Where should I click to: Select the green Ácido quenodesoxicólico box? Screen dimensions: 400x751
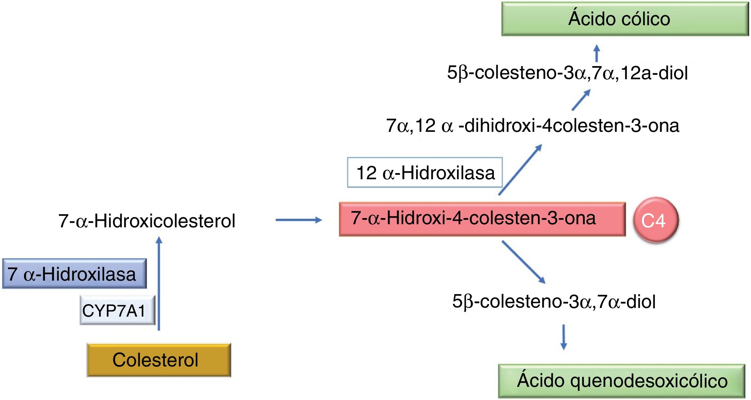[621, 381]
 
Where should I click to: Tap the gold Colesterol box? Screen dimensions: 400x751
[159, 360]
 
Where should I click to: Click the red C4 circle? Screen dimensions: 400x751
[655, 220]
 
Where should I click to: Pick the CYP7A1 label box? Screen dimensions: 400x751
[117, 310]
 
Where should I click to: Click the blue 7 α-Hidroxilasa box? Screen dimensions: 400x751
[74, 274]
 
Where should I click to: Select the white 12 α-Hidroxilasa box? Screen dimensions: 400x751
[425, 172]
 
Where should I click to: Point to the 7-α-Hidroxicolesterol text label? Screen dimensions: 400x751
[147, 221]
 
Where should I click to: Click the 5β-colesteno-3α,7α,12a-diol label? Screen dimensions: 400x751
[567, 73]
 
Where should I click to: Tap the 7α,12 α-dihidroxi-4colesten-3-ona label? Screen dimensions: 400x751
[532, 125]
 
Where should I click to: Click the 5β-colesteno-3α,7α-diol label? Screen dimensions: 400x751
[553, 301]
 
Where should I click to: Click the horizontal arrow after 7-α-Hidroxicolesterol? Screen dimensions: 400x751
[298, 220]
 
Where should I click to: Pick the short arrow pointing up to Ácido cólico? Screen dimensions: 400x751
[596, 53]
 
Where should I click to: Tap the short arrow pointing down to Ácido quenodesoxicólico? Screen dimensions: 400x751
[564, 337]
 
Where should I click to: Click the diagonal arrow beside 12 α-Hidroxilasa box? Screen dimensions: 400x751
[520, 170]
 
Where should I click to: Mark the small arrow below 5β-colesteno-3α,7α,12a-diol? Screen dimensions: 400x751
[581, 100]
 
